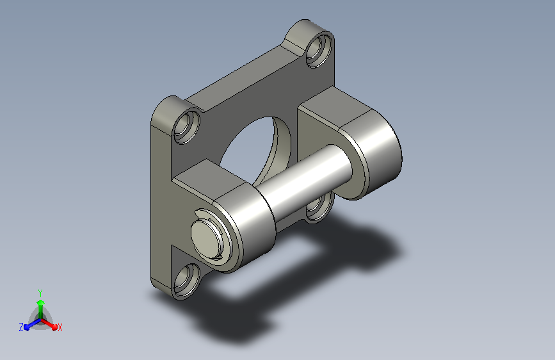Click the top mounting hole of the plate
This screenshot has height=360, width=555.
coord(319,49)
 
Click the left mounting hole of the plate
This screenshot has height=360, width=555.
coord(186,127)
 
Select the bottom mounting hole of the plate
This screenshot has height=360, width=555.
coord(186,280)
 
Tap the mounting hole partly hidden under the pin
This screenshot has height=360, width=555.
coord(320,208)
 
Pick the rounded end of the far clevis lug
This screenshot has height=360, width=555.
coord(375,156)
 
